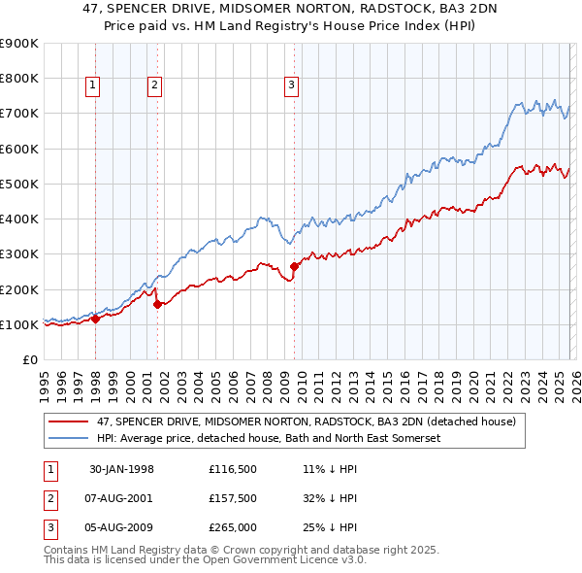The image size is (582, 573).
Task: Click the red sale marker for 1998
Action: [96, 318]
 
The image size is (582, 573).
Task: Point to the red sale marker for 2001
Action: [157, 304]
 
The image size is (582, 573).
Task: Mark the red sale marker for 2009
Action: [294, 266]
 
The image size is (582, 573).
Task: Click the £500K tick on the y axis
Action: [19, 184]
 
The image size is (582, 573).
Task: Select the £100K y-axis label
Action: [19, 324]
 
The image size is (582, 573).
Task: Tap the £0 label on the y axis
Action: [29, 360]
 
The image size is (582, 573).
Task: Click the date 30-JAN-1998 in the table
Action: [121, 469]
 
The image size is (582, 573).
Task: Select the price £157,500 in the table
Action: [232, 498]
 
